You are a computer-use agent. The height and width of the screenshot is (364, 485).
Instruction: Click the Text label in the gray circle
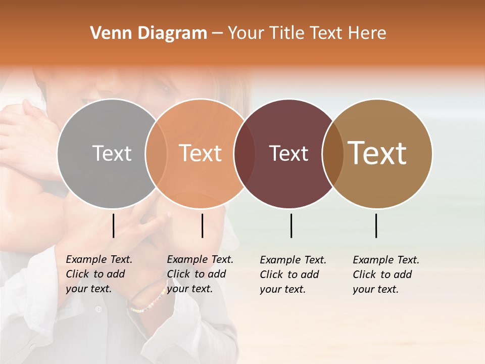point(112,153)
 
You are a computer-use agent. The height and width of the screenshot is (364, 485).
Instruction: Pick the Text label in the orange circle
point(201,153)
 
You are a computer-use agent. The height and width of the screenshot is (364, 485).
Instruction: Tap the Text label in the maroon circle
point(288,153)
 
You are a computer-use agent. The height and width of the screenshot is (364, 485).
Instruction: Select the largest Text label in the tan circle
point(377,153)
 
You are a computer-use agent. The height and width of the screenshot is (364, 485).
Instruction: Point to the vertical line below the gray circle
point(114,225)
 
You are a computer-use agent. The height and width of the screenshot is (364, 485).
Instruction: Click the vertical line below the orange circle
point(202,225)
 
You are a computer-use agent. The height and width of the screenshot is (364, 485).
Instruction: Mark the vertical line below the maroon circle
point(291,225)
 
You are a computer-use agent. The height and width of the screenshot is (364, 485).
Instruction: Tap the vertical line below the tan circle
point(376,225)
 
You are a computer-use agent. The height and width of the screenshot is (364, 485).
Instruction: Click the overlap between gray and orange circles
point(156,153)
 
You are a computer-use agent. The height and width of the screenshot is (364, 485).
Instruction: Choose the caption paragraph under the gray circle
point(99,274)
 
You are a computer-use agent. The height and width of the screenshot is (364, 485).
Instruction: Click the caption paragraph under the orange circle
point(200,274)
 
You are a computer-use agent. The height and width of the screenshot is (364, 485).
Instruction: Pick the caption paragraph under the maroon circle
point(293,275)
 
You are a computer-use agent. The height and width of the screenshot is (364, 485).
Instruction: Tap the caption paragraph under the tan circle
point(386,275)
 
